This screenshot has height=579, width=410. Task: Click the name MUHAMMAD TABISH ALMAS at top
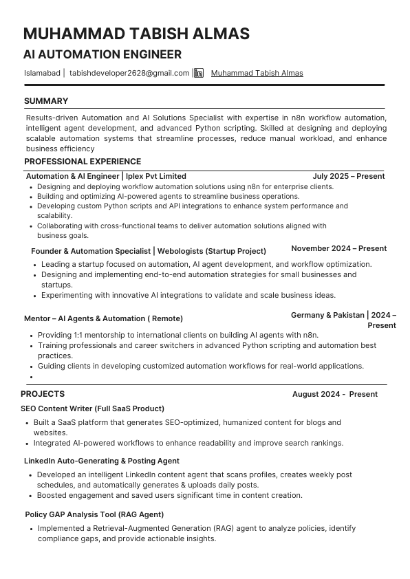click(x=136, y=34)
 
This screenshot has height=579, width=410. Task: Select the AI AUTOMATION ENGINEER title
click(x=102, y=54)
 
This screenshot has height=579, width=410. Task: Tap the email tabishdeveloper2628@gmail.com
click(x=129, y=73)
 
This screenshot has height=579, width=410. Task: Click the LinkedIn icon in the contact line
click(x=199, y=73)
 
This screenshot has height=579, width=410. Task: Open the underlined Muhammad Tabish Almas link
click(x=257, y=73)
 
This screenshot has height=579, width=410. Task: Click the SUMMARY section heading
click(x=46, y=101)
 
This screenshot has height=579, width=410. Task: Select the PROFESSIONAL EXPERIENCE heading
click(x=83, y=162)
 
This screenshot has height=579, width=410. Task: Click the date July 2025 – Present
click(x=348, y=176)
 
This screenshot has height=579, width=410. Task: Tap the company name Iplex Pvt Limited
click(x=156, y=176)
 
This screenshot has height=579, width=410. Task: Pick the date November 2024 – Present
click(x=338, y=248)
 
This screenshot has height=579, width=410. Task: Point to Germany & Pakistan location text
click(x=327, y=315)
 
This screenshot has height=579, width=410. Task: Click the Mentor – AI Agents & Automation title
click(x=103, y=318)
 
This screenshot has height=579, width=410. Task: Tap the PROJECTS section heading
click(x=43, y=394)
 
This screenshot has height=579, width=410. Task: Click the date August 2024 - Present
click(x=334, y=394)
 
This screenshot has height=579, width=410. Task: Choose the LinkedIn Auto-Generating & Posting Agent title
click(x=101, y=461)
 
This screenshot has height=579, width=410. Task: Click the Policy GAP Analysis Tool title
click(x=94, y=514)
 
